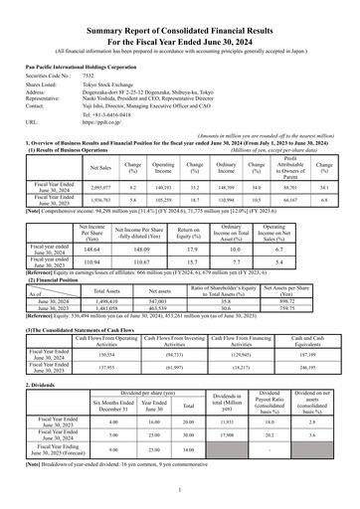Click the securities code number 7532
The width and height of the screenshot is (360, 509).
89,75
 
